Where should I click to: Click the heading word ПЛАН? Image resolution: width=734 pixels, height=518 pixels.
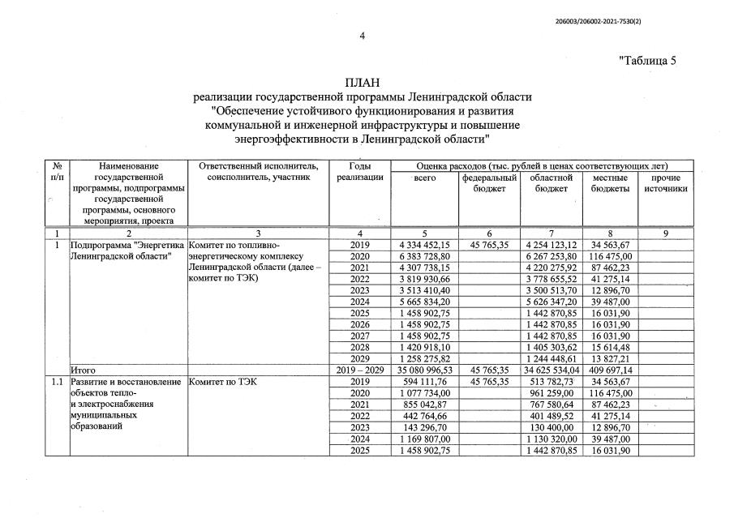[363, 83]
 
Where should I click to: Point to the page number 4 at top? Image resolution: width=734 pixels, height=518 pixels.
[363, 35]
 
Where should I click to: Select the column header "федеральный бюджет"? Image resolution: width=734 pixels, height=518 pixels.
[489, 183]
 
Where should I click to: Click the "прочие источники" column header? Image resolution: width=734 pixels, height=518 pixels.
[666, 183]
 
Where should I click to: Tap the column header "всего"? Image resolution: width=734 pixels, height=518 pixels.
[425, 178]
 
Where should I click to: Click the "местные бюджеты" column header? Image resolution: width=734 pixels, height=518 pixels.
[612, 183]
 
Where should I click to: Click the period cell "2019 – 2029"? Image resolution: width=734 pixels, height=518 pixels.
[359, 369]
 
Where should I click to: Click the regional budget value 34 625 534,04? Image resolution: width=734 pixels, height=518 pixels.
[552, 369]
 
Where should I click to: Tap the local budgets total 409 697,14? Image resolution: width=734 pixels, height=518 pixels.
[612, 369]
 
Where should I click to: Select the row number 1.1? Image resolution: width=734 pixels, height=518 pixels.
[56, 381]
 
